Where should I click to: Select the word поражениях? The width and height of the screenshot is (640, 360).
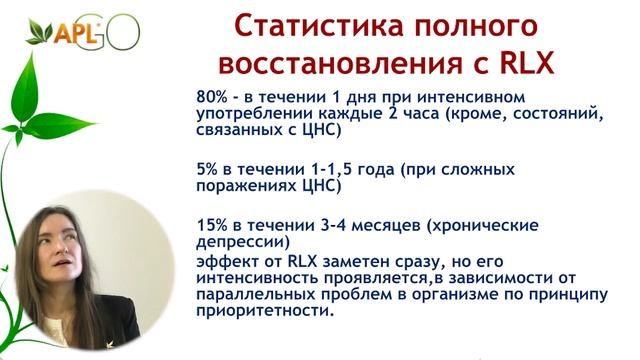246,185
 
